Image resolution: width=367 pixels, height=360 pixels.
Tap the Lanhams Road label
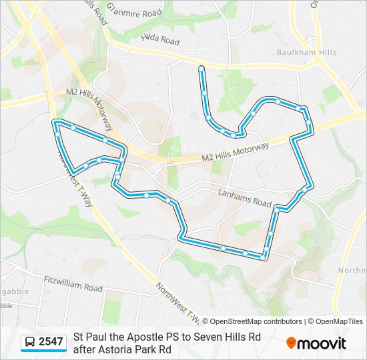[245, 198]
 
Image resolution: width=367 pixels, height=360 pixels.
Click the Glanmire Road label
[135, 11]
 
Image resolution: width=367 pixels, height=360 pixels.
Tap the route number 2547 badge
[51, 342]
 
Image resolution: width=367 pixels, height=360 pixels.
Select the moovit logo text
[322, 343]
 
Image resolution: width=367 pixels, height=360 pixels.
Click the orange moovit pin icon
[291, 343]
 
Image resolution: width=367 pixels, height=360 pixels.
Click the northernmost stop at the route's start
[201, 68]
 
